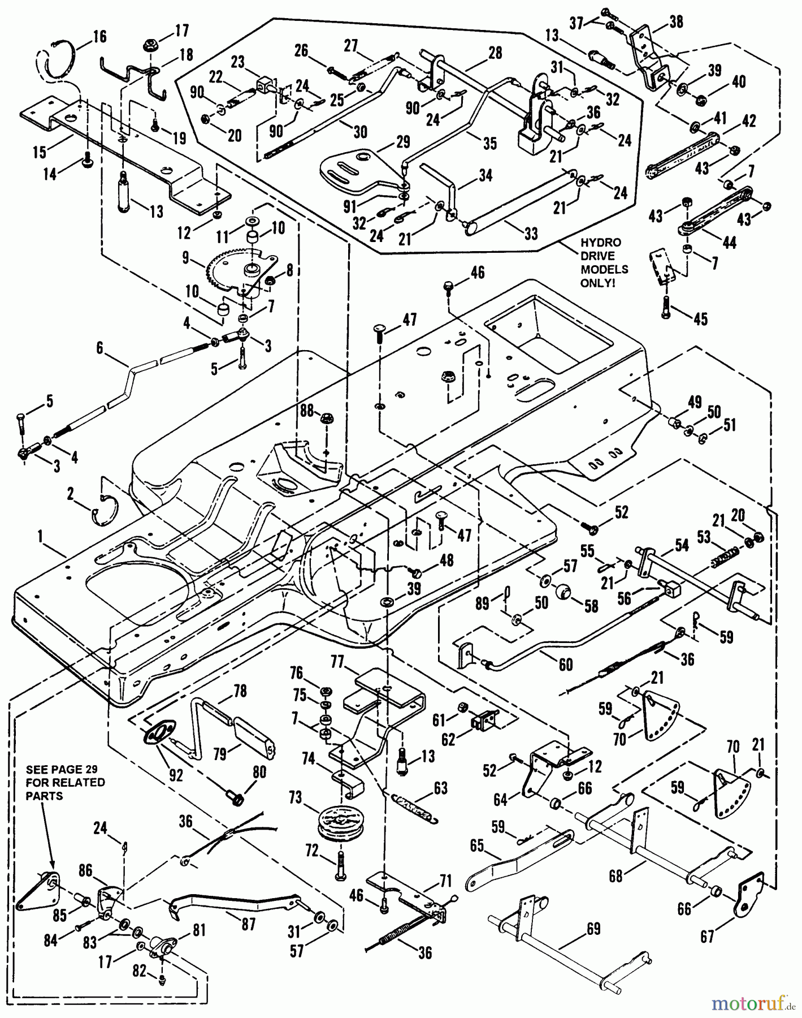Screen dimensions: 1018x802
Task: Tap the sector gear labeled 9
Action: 232,266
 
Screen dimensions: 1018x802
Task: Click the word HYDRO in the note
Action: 600,242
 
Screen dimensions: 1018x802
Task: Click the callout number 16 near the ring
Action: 99,37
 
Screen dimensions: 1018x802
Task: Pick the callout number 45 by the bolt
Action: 700,319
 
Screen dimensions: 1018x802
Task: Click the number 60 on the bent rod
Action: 565,665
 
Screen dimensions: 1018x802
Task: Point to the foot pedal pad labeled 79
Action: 254,734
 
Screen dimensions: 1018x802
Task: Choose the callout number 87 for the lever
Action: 248,924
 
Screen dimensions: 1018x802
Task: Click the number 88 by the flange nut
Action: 307,409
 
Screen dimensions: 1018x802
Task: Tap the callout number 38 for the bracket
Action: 675,22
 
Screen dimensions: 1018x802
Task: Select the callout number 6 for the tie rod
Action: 100,347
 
